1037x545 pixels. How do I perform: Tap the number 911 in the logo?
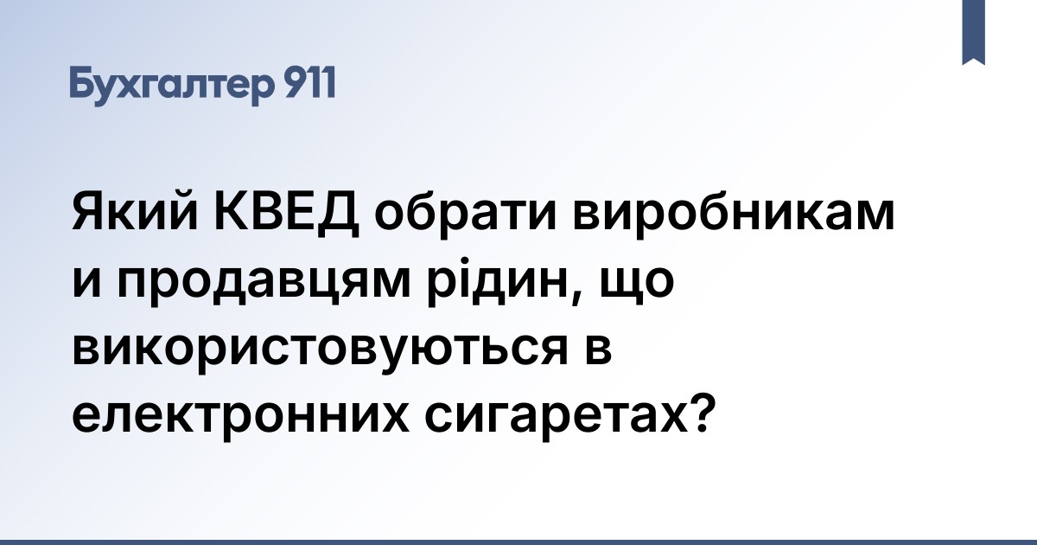tap(309, 84)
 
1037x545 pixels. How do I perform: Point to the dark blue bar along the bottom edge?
tap(518, 541)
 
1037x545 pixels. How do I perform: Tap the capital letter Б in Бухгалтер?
tap(80, 85)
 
